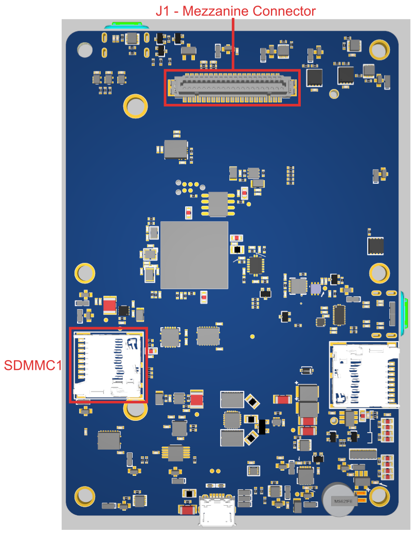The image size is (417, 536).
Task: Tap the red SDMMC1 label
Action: [x=33, y=366]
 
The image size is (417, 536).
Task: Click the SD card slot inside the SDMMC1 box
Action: [x=108, y=365]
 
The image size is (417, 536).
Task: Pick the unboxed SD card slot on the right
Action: [x=364, y=374]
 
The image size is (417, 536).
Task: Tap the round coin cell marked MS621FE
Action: [x=341, y=499]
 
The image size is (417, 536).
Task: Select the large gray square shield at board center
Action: [x=194, y=255]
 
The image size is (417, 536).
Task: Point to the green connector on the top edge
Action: [x=126, y=25]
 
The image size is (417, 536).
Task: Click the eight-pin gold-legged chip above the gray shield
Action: [x=218, y=204]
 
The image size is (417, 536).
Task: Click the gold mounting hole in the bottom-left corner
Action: [x=85, y=496]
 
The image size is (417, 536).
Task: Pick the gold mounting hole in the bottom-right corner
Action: [x=379, y=496]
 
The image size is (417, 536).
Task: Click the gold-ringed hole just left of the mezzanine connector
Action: [x=136, y=106]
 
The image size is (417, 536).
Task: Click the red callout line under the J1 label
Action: [x=233, y=44]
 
